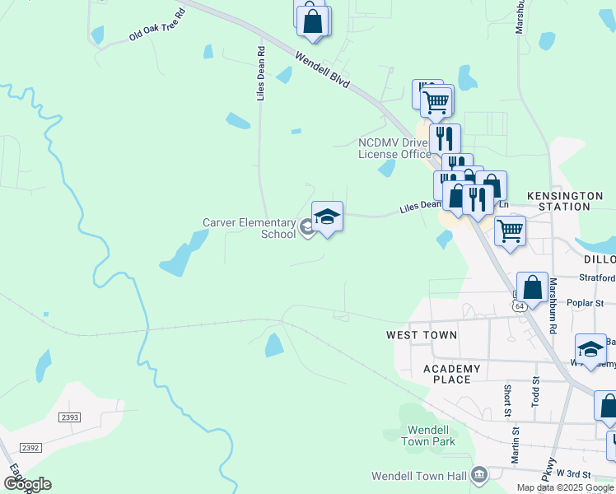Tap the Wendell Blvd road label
pyautogui.click(x=322, y=69)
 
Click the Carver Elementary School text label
pyautogui.click(x=250, y=228)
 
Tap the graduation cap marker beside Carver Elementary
pyautogui.click(x=327, y=217)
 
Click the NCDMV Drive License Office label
pyautogui.click(x=394, y=148)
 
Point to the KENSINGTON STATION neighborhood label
pyautogui.click(x=569, y=201)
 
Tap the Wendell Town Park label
pyautogui.click(x=428, y=436)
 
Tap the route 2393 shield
pyautogui.click(x=70, y=417)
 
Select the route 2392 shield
pyautogui.click(x=30, y=447)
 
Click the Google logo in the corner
pyautogui.click(x=26, y=483)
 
